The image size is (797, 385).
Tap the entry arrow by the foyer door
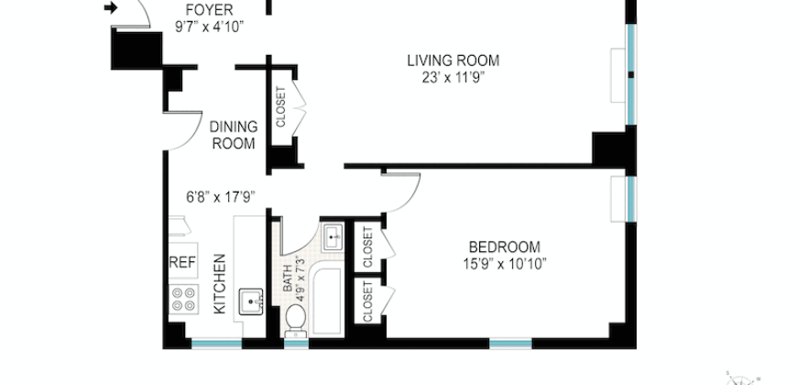point(111,9)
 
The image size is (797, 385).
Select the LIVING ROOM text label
point(453,60)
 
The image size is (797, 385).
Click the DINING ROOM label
point(235,134)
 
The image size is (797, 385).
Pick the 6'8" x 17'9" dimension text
point(220,196)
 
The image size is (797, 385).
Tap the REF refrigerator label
point(182,262)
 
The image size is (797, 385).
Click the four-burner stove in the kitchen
point(183,299)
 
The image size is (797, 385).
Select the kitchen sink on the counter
point(248,301)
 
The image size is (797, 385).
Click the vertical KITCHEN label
point(220,284)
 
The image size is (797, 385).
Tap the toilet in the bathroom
point(296,320)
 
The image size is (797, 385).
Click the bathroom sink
point(333,236)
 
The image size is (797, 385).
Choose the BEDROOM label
point(504,247)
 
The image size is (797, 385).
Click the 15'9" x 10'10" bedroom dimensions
point(504,264)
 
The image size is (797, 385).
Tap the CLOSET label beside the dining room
point(280,107)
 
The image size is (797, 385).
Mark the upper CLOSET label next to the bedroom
point(368,248)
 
